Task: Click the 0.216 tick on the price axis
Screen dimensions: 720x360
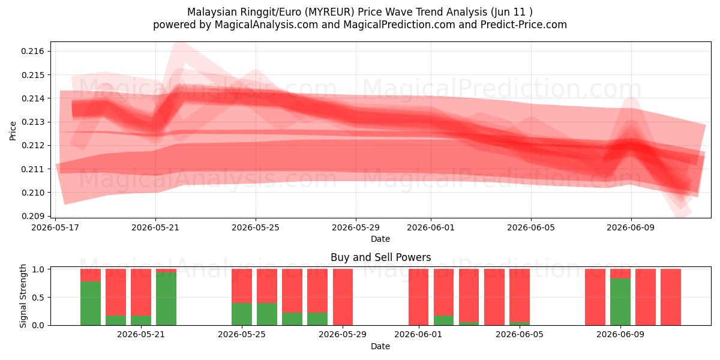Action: [x=32, y=52]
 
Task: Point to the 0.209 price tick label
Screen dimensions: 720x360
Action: [x=32, y=216]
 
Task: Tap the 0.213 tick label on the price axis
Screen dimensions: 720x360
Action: [x=32, y=122]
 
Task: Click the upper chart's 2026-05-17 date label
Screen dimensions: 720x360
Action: [x=55, y=227]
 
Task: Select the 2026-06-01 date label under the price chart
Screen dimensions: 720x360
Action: [x=431, y=227]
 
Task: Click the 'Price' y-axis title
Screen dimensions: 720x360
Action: [x=13, y=131]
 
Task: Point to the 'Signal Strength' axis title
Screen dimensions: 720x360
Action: [x=23, y=296]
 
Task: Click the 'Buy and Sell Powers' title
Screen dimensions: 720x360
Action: [x=380, y=257]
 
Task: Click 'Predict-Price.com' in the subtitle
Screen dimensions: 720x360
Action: [x=524, y=25]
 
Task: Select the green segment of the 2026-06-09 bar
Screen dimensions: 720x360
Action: [x=620, y=302]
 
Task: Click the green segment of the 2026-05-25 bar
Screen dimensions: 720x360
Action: [x=242, y=314]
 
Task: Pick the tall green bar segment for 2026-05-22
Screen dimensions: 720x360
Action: [x=166, y=299]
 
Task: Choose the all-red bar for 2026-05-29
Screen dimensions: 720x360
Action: [x=343, y=297]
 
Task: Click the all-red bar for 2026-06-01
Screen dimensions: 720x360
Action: [x=419, y=297]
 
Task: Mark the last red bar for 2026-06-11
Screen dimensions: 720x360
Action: [x=671, y=297]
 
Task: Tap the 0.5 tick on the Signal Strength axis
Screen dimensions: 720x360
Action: [x=38, y=298]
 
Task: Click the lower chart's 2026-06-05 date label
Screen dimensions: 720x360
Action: [x=520, y=335]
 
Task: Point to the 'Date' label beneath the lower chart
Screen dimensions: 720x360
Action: [x=380, y=346]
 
